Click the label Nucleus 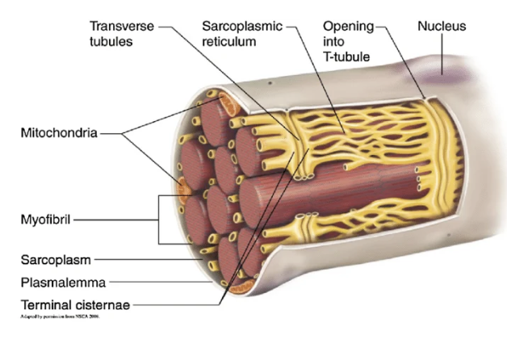pos(442,27)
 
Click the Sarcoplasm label pos(56,260)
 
